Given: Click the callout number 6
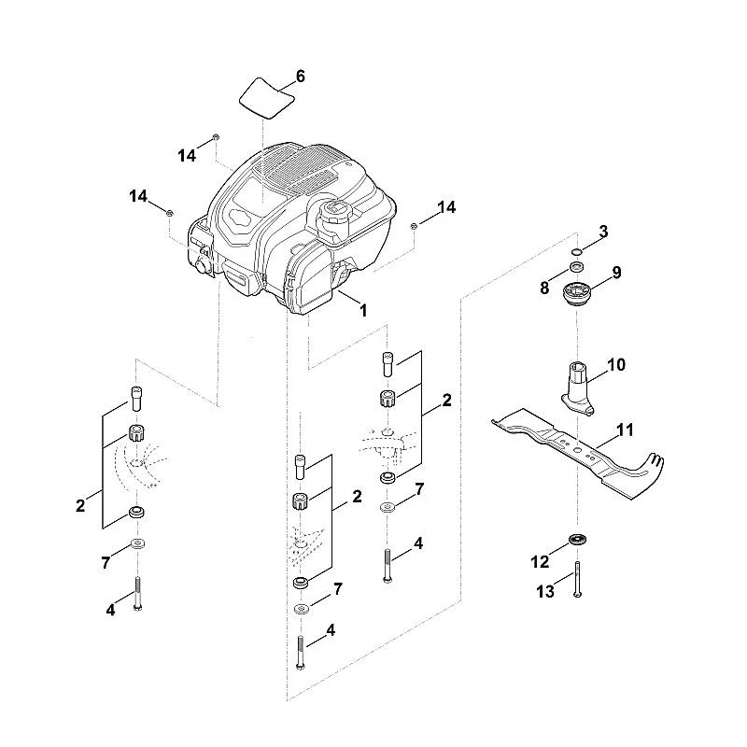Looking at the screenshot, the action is click(x=300, y=77).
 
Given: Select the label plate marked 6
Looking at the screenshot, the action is click(x=266, y=98).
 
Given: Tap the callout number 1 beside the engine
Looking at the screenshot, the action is click(x=363, y=311).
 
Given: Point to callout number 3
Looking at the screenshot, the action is click(x=603, y=232).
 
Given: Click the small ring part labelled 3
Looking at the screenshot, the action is click(x=577, y=251).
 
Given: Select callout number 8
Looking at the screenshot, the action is click(x=544, y=288).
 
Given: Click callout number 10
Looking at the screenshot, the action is click(x=616, y=365).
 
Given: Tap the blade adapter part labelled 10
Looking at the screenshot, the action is click(x=577, y=388).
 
